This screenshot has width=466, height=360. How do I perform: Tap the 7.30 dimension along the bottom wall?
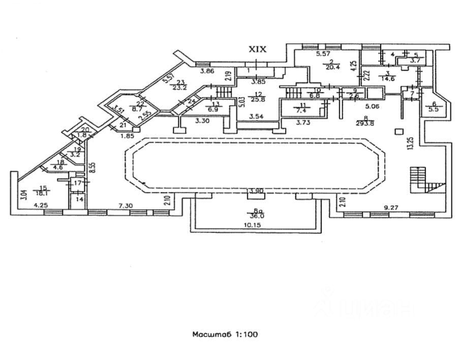[x=126, y=206]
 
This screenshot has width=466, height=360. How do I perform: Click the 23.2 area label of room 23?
[x=179, y=87]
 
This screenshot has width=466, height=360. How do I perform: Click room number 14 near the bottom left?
[x=79, y=200]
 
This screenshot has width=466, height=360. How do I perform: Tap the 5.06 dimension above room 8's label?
[x=372, y=106]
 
